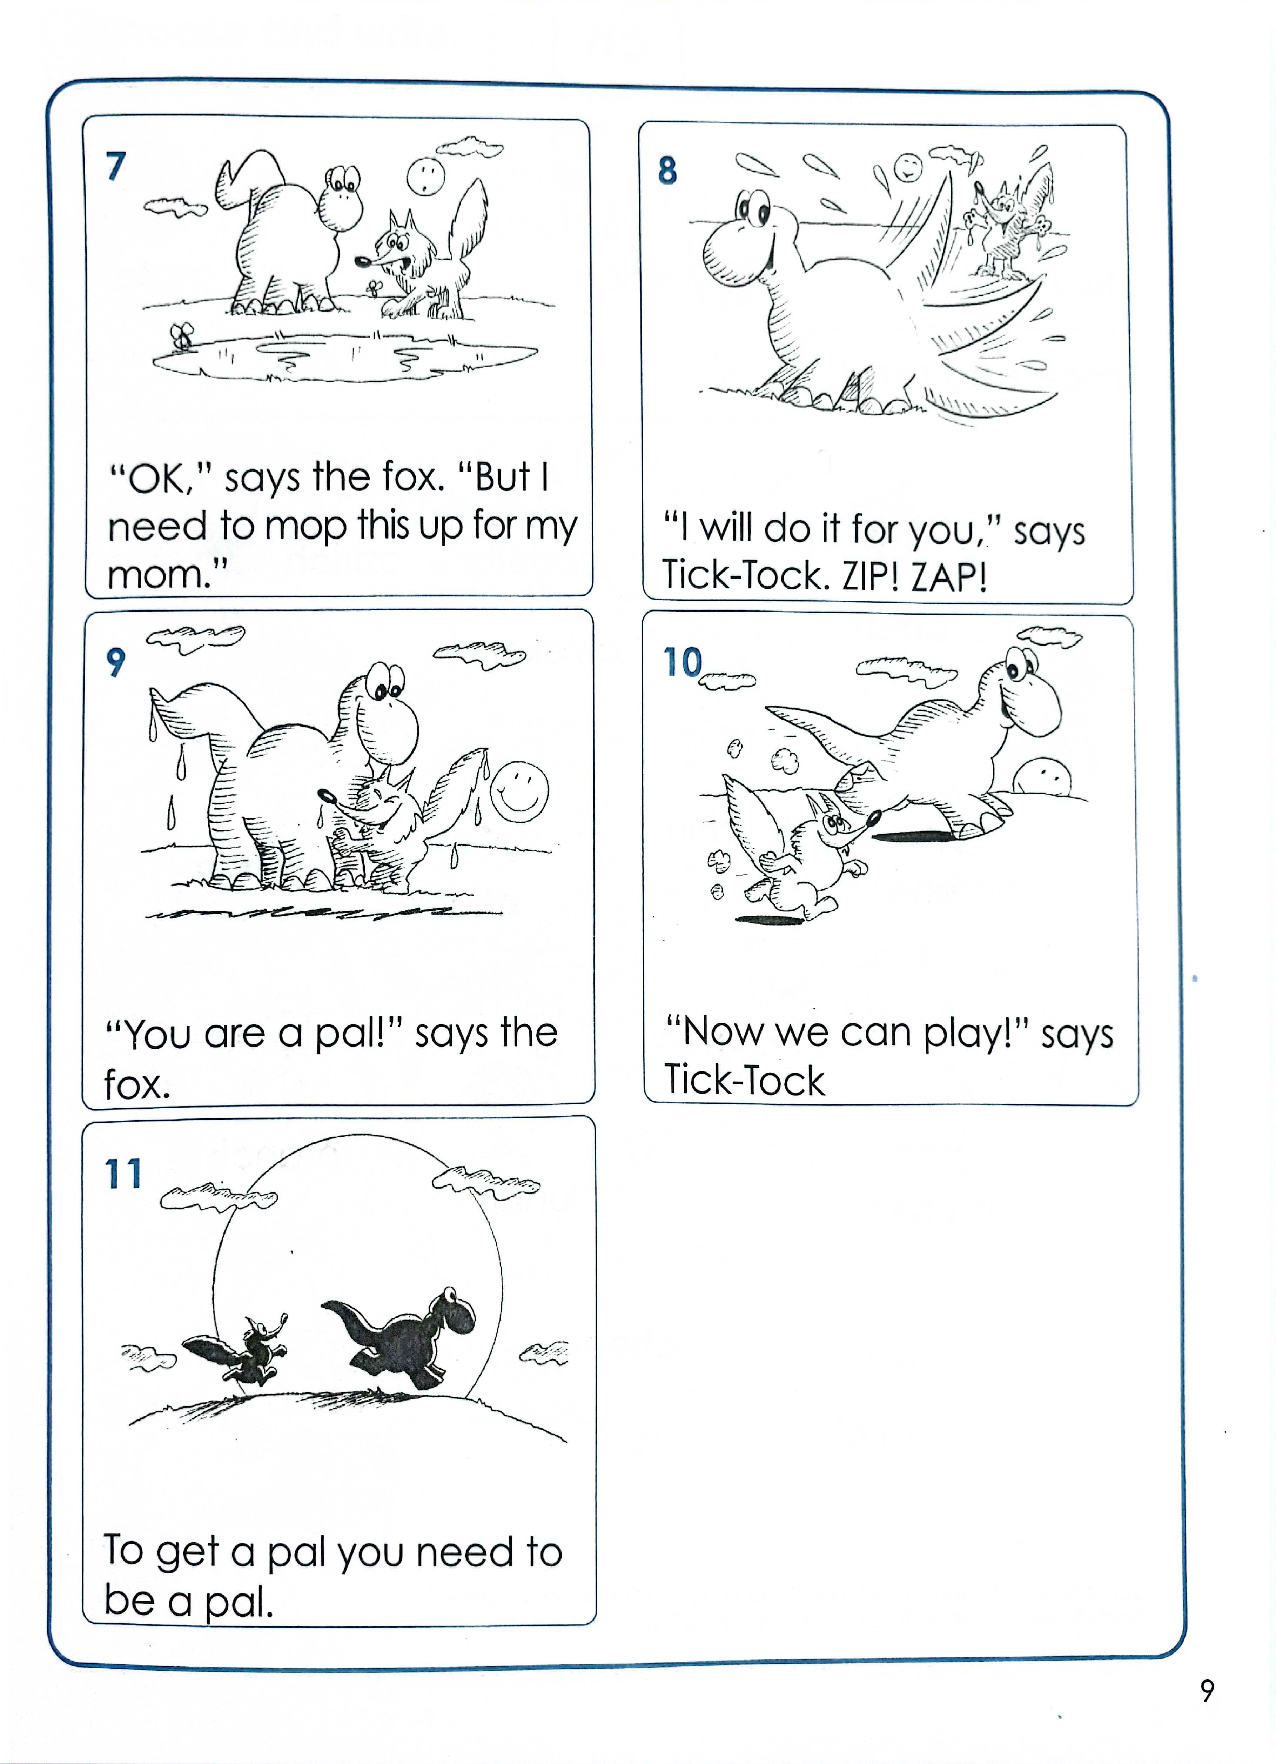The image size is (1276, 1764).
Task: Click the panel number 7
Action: pos(116,166)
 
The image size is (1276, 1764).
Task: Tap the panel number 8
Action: pos(667,171)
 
